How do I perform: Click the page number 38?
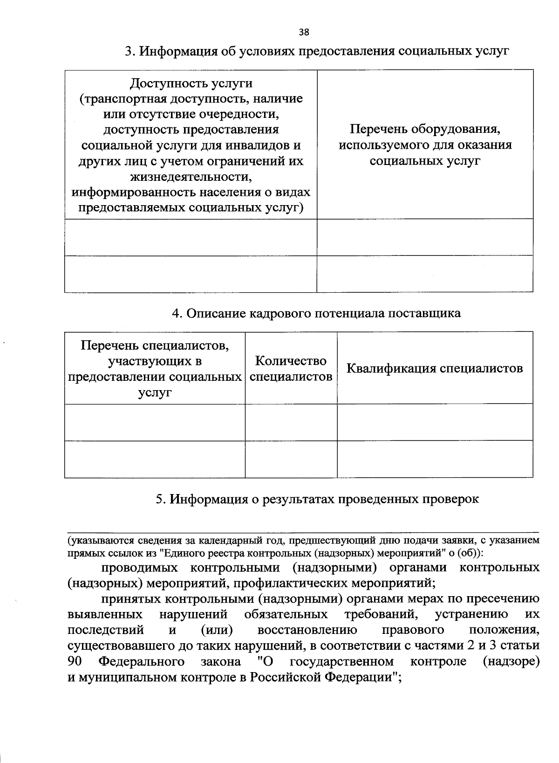[304, 32]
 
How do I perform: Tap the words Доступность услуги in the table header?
[191, 83]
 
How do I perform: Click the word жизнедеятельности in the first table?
[191, 177]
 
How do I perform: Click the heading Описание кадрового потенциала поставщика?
[316, 313]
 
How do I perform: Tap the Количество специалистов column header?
[291, 368]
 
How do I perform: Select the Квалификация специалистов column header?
[435, 368]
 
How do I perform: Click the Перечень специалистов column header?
[155, 368]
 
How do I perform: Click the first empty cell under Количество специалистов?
[291, 422]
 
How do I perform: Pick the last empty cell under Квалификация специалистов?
[435, 459]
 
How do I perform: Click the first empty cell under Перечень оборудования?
[425, 237]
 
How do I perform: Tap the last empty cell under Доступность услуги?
[191, 274]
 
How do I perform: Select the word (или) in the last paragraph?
[217, 631]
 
